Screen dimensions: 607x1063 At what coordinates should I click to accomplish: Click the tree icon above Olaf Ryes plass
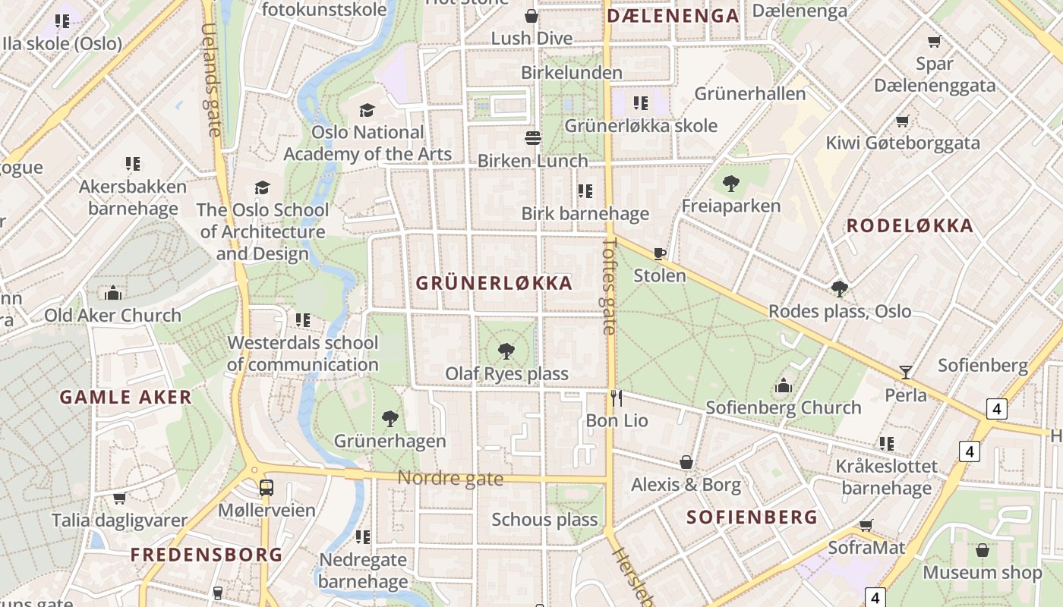pos(506,351)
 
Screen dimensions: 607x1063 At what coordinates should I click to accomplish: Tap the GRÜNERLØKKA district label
pos(494,284)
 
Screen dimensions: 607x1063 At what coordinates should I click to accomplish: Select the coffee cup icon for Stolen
pos(659,253)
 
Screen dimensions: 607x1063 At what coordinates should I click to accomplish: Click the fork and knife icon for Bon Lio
pos(617,398)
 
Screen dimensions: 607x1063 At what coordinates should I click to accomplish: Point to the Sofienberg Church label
pos(783,408)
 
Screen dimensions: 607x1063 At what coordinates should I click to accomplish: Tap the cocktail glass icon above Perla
pos(905,372)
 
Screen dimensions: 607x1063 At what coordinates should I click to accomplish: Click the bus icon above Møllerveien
pos(266,487)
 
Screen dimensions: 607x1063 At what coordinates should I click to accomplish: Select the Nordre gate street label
pos(450,478)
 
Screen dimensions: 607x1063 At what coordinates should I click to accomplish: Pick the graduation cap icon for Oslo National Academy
pos(367,111)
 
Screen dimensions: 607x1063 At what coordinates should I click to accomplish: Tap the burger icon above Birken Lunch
pos(533,138)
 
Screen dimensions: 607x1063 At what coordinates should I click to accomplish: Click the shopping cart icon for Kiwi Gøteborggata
pos(902,121)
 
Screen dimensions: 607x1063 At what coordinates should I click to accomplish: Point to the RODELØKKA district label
pos(910,226)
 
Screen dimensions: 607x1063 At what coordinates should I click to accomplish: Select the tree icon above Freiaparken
pos(730,183)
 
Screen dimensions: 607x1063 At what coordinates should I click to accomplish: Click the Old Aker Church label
pos(112,316)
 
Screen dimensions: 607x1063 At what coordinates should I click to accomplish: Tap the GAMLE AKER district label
pos(125,398)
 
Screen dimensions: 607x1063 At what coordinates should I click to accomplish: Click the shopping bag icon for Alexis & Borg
pos(686,461)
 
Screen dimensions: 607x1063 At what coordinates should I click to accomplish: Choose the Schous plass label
pos(544,521)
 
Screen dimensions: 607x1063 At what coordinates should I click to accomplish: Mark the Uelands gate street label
pos(211,80)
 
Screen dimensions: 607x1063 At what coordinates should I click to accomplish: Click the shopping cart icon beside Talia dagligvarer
pos(119,498)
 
